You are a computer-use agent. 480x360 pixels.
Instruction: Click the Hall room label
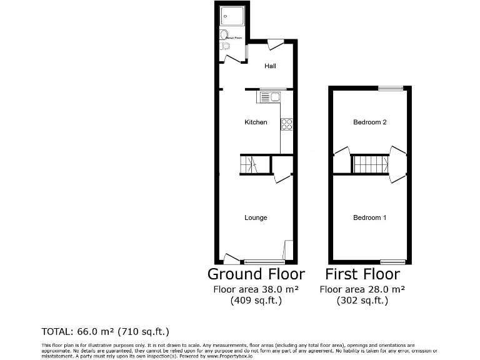pyautogui.click(x=270, y=66)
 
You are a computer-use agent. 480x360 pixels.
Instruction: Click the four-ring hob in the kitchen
pyautogui.click(x=287, y=124)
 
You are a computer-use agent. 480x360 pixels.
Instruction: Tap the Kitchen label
pyautogui.click(x=256, y=122)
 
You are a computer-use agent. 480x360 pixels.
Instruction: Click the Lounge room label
pyautogui.click(x=256, y=217)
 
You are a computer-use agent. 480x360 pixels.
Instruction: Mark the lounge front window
pyautogui.click(x=264, y=261)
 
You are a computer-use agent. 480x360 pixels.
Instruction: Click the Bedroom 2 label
pyautogui.click(x=370, y=122)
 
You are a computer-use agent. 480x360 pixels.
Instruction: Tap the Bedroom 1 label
pyautogui.click(x=370, y=217)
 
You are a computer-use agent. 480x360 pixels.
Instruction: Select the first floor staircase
pyautogui.click(x=370, y=165)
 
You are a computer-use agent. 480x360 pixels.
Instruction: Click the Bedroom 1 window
pyautogui.click(x=392, y=261)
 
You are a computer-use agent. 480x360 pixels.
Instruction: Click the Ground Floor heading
pyautogui.click(x=256, y=274)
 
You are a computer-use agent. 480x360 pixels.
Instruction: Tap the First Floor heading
pyautogui.click(x=362, y=274)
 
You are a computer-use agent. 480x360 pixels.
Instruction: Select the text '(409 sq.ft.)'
pyautogui.click(x=256, y=301)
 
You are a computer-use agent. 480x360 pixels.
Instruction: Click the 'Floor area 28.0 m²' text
pyautogui.click(x=362, y=289)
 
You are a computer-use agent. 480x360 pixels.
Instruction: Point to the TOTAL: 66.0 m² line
pyautogui.click(x=105, y=331)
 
